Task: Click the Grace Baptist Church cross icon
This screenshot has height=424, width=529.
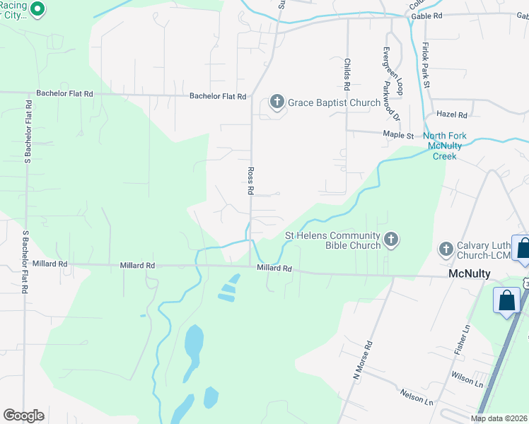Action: (x=277, y=102)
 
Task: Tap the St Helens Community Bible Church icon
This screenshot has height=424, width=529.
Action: (x=391, y=240)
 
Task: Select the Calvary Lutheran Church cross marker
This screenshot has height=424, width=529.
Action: (x=446, y=249)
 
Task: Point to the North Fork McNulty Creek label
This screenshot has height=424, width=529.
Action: (x=452, y=146)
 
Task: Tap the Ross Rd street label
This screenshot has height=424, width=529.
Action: (x=250, y=181)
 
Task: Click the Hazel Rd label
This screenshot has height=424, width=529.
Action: (x=452, y=114)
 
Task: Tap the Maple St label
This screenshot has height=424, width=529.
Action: (x=398, y=134)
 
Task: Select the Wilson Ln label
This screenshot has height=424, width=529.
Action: (x=465, y=380)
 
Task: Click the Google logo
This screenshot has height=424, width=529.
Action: (x=23, y=416)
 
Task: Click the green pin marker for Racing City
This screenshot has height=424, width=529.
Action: (x=38, y=10)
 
